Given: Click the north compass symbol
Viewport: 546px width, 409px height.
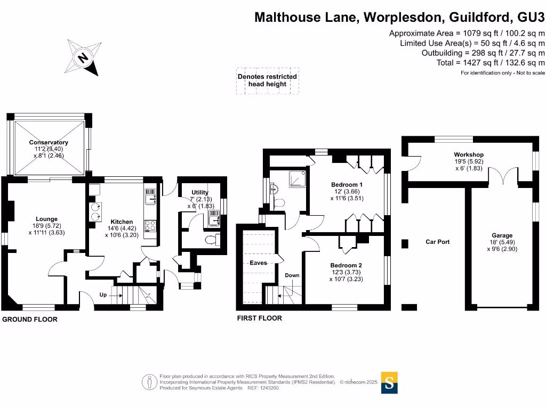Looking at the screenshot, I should click(84, 57).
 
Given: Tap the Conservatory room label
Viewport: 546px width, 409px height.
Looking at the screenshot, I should click(49, 143).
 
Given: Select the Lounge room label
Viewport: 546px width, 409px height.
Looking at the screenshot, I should click(46, 219).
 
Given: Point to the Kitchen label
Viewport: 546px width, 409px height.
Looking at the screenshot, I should click(122, 222).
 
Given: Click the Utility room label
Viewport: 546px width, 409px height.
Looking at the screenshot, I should click(200, 192).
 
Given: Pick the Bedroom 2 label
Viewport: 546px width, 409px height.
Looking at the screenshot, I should click(346, 265).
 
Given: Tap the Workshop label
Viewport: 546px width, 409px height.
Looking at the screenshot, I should click(454, 155).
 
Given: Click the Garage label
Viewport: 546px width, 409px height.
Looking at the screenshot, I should click(502, 235).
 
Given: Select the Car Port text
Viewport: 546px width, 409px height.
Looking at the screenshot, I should click(437, 242).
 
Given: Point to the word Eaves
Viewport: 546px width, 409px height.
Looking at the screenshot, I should click(258, 263).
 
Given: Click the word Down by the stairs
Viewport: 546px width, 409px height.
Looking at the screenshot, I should click(292, 275).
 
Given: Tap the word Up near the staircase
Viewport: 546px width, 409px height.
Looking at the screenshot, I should click(103, 295).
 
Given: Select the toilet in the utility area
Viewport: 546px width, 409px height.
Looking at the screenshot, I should click(211, 240).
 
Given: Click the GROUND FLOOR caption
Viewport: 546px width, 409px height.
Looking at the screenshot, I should click(30, 320).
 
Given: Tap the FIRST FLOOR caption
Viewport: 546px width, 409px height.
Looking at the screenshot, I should click(259, 318).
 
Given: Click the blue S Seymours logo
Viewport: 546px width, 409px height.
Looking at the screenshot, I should click(390, 382).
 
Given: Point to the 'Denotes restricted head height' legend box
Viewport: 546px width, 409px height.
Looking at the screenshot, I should click(267, 80).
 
